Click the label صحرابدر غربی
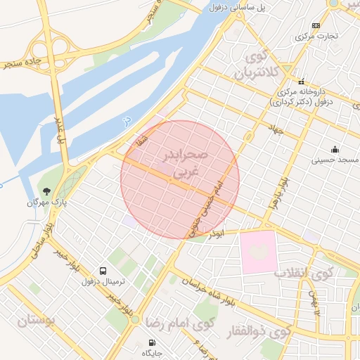184,161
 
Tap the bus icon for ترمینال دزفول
104,271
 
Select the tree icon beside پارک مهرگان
47,191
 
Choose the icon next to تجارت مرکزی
316,25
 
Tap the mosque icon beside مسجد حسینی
335,149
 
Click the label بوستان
31,322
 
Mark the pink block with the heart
258,250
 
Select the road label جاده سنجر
21,61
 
